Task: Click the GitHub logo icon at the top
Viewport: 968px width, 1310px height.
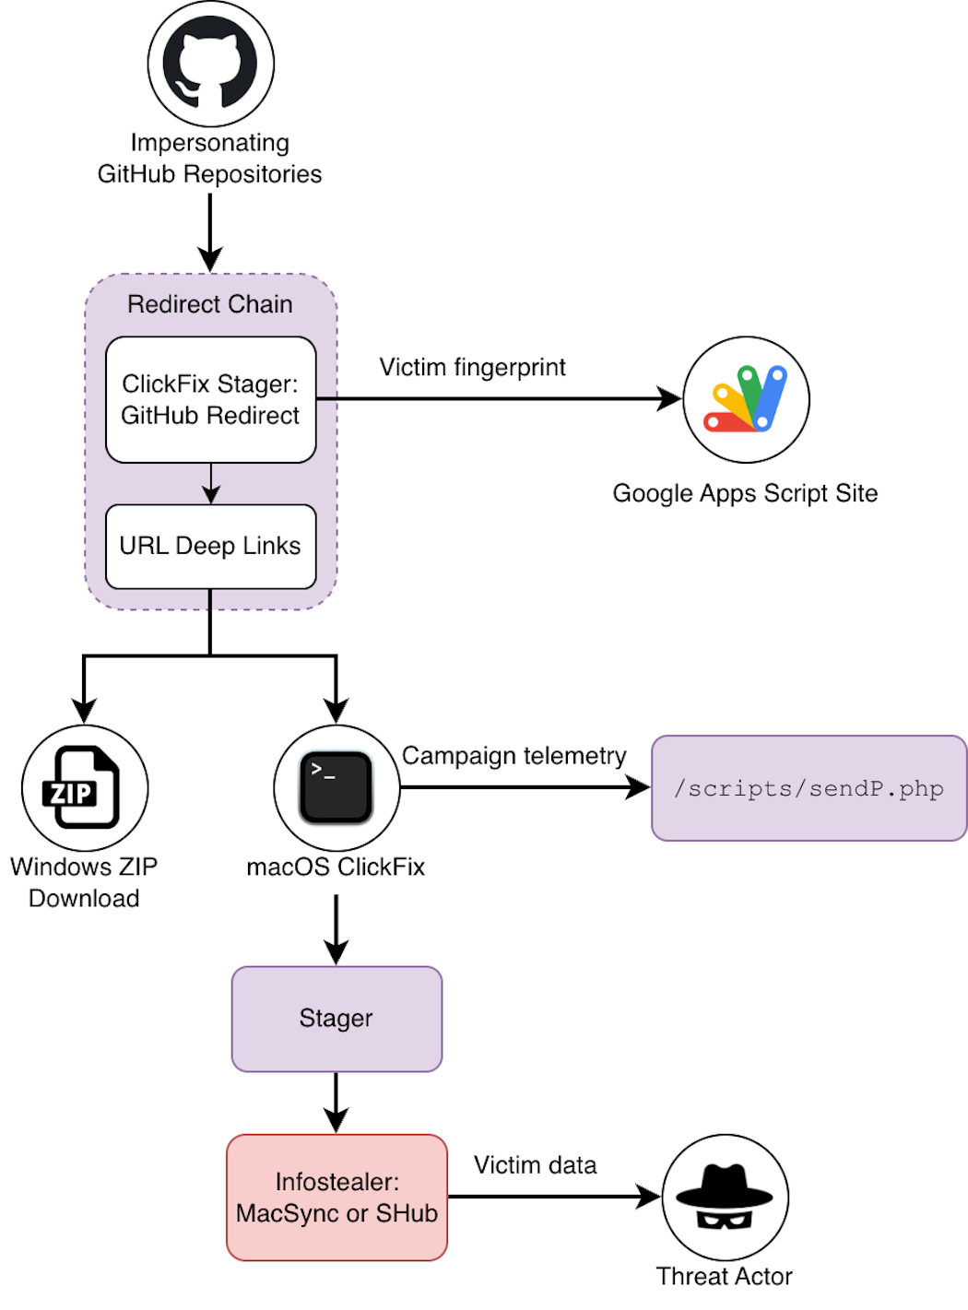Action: tap(210, 64)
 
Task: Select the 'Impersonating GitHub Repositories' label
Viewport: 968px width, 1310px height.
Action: tap(210, 159)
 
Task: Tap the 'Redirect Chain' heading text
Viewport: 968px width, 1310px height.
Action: tap(210, 304)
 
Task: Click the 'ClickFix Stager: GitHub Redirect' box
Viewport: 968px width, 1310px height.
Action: tap(210, 399)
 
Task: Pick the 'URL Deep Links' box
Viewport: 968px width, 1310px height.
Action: tap(210, 546)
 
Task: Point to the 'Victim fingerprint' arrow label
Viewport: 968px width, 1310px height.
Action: tap(472, 367)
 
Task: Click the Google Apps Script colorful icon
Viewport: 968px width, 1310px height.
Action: tap(746, 399)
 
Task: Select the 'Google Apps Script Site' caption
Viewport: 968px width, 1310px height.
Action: tap(745, 493)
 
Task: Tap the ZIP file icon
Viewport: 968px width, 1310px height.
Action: tap(84, 788)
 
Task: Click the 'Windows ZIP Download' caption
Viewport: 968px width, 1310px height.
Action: tap(84, 882)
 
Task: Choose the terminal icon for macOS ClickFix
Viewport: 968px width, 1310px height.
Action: tap(336, 788)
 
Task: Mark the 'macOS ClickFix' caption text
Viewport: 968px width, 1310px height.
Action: tap(336, 867)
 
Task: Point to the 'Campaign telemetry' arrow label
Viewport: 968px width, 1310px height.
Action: tap(514, 756)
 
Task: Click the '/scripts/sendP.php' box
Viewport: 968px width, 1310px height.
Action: tap(809, 788)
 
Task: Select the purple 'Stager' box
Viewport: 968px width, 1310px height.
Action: tap(336, 1019)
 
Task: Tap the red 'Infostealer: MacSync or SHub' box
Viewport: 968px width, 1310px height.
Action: tap(336, 1198)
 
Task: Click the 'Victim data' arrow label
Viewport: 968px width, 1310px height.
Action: tap(535, 1165)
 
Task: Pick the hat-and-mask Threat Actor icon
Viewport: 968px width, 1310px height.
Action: tap(725, 1198)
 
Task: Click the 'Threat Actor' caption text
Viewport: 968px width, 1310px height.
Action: tap(724, 1276)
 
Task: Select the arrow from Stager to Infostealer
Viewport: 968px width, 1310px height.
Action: tap(336, 1103)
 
